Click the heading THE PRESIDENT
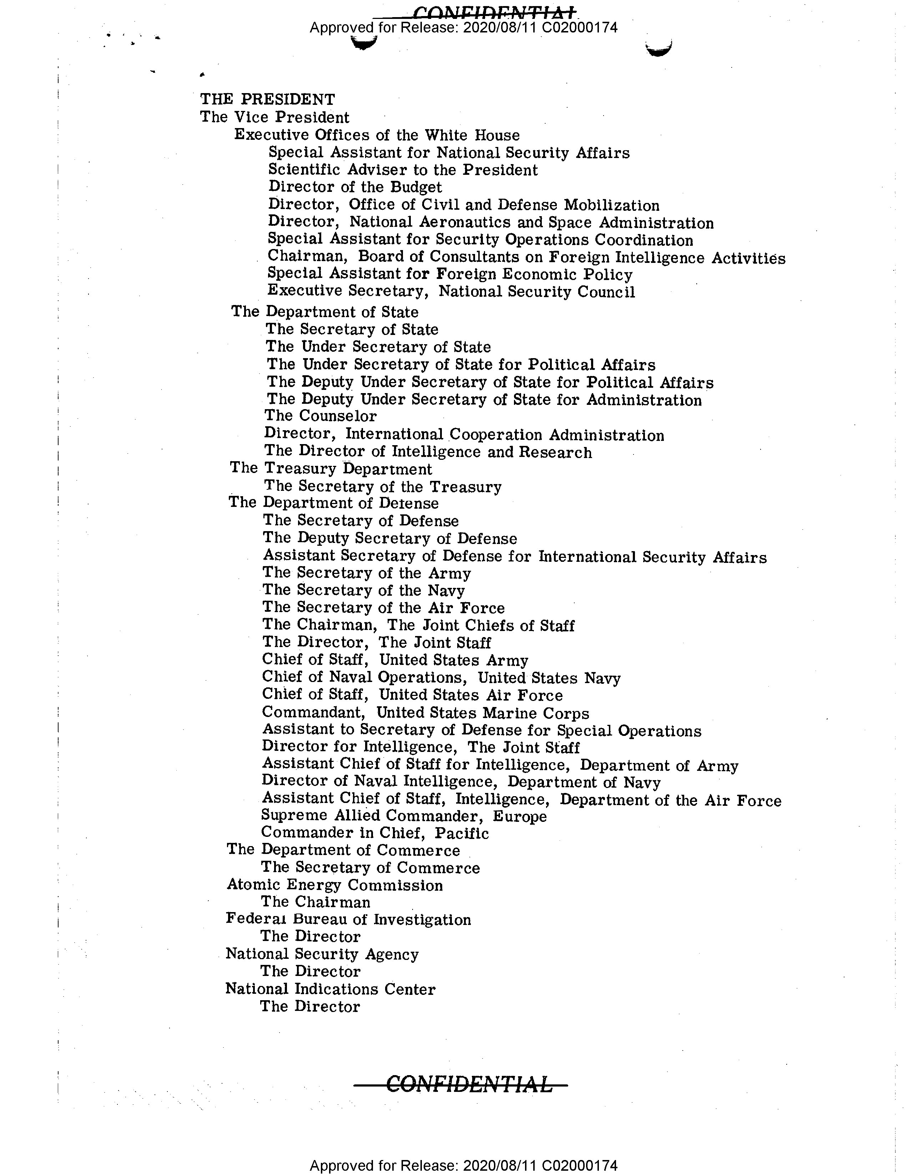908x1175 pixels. (x=267, y=100)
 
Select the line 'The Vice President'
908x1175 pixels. (x=274, y=117)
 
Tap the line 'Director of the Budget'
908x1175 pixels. (x=355, y=187)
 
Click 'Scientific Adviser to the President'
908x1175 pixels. (x=403, y=170)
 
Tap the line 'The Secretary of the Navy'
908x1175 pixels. (x=363, y=590)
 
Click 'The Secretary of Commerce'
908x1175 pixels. (x=370, y=868)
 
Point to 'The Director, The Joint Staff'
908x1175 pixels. (x=376, y=642)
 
